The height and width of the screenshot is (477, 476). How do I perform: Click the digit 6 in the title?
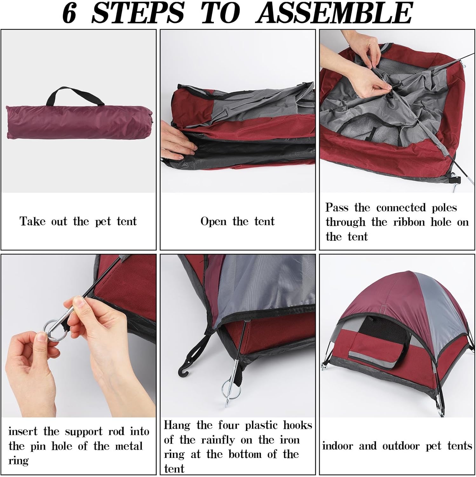(69, 13)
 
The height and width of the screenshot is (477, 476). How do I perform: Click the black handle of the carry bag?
(75, 96)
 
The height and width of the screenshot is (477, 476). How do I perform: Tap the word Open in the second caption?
(213, 221)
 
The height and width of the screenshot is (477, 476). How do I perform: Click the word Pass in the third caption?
(337, 207)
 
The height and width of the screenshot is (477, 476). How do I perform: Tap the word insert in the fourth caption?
(23, 432)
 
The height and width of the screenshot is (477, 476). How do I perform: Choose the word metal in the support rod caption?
(129, 446)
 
